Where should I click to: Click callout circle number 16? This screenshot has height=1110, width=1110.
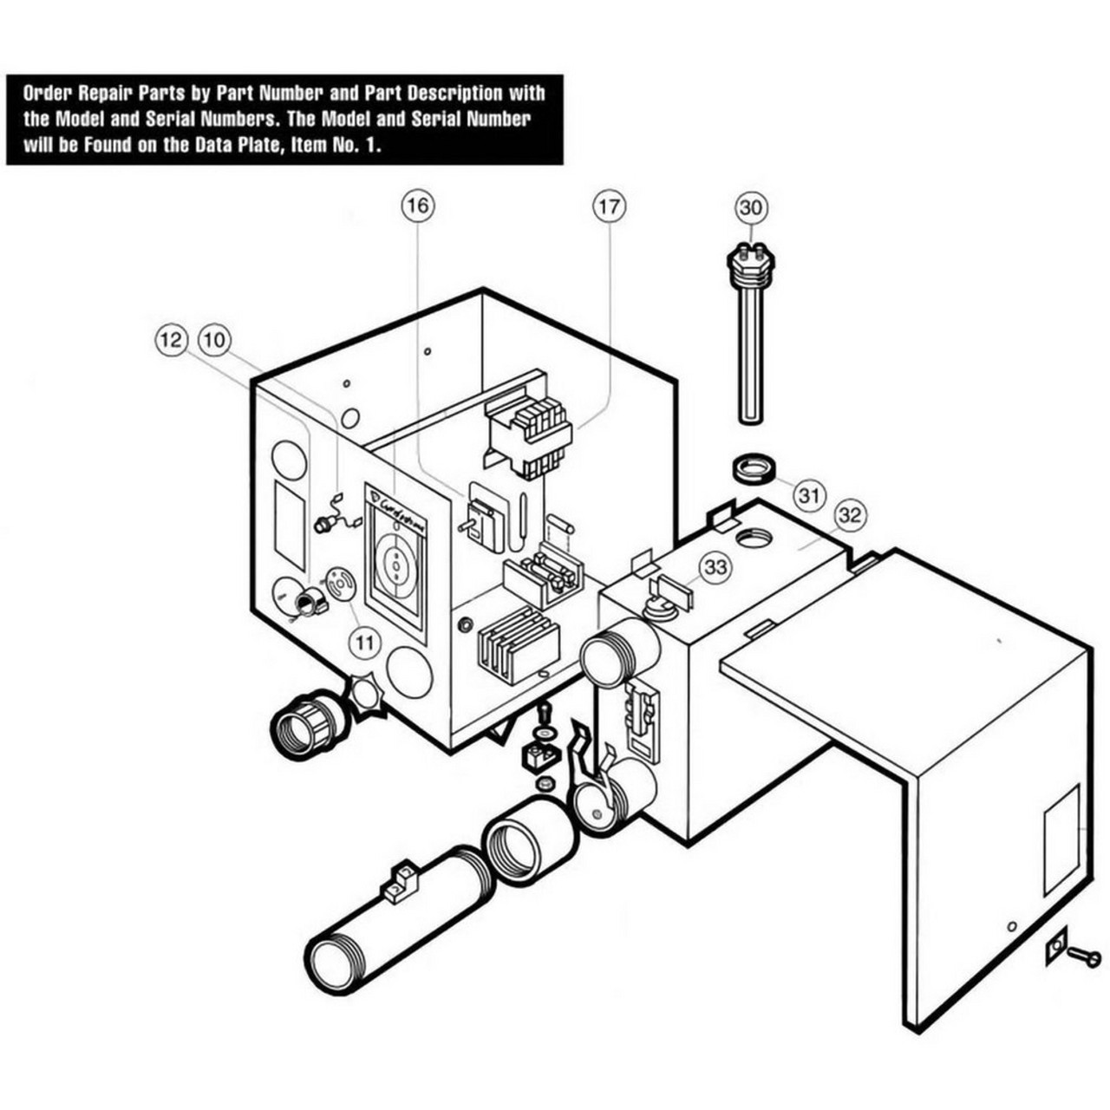(x=418, y=206)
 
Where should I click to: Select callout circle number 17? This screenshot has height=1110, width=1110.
(x=609, y=206)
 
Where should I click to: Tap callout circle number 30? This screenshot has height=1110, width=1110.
(x=752, y=207)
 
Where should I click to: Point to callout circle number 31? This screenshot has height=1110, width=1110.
(x=809, y=496)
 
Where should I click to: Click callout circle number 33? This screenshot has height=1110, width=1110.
(x=715, y=567)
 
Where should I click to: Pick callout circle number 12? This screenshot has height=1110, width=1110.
(x=173, y=339)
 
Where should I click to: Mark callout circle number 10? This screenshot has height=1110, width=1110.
(x=215, y=339)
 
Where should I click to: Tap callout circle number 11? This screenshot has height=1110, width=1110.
(x=365, y=642)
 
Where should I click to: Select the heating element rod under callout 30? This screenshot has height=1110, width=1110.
(x=751, y=347)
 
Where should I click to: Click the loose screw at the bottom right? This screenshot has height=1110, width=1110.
(x=1084, y=957)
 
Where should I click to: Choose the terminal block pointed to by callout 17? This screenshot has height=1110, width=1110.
(x=529, y=439)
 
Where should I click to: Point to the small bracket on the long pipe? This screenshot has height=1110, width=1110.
(x=400, y=879)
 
